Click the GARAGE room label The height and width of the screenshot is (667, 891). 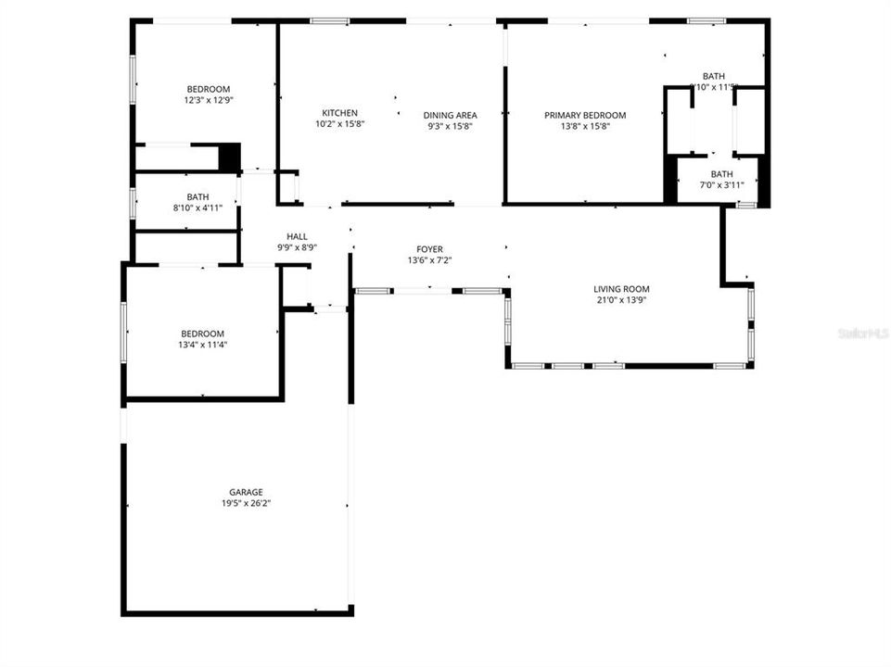246,492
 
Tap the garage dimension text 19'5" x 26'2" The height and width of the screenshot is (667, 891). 246,503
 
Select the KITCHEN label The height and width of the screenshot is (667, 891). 339,113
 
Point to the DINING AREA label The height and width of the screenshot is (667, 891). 451,115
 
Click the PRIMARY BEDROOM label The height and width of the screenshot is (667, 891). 585,115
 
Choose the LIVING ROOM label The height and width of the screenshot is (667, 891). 621,289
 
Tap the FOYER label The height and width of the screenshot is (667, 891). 429,249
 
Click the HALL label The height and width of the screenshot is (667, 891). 297,236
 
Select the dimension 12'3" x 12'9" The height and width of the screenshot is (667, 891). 208,100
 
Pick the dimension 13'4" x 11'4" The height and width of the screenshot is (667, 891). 202,345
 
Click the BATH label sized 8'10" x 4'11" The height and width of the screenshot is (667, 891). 197,196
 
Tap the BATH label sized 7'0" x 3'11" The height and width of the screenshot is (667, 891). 721,174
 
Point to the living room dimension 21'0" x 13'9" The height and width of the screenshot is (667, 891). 621,300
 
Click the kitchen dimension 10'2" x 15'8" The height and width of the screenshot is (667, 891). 339,124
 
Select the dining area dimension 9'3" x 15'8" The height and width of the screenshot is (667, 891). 451,126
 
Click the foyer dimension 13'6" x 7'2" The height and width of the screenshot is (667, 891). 429,260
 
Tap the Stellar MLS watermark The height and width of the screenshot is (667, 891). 863,332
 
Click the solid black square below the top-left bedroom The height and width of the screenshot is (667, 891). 229,156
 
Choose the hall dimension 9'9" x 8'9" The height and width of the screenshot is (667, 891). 297,247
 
